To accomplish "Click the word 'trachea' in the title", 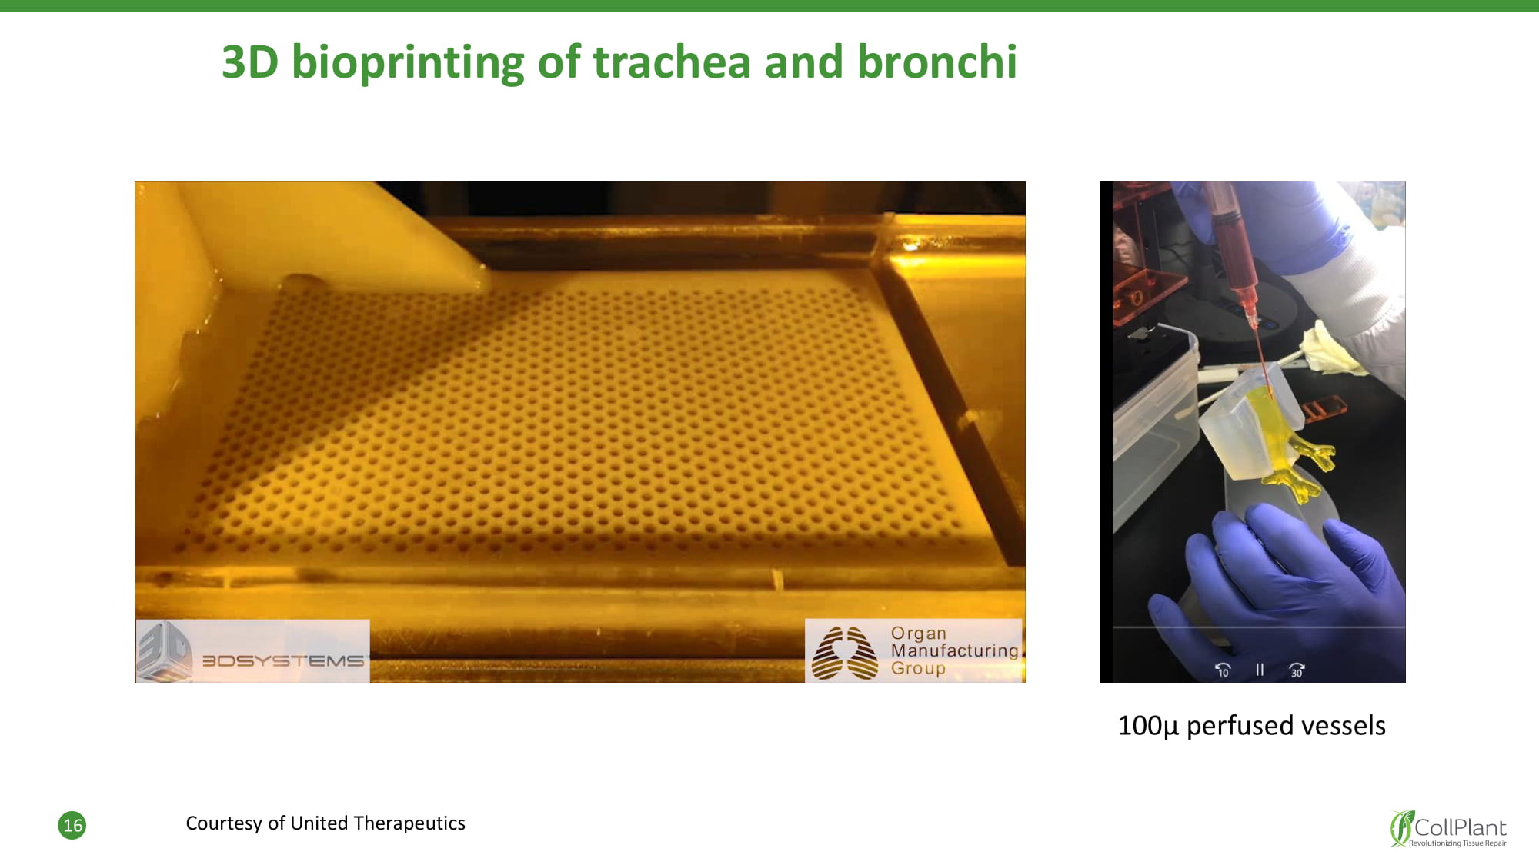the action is (672, 62).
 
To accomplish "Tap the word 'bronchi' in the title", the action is (936, 62).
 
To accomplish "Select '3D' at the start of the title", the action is (250, 62).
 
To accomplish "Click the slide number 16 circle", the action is (72, 825).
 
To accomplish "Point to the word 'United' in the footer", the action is (318, 823).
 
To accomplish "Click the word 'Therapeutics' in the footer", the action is (409, 823).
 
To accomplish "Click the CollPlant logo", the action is (1448, 828).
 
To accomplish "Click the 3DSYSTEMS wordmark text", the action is (282, 660).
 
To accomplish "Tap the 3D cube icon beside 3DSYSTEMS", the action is (165, 651).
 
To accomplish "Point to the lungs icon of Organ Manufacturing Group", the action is (844, 653).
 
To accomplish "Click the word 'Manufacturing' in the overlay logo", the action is (954, 650).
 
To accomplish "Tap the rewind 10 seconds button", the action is (1222, 670).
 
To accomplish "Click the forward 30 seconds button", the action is (1297, 670).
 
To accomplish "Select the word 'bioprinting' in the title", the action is (408, 62).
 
